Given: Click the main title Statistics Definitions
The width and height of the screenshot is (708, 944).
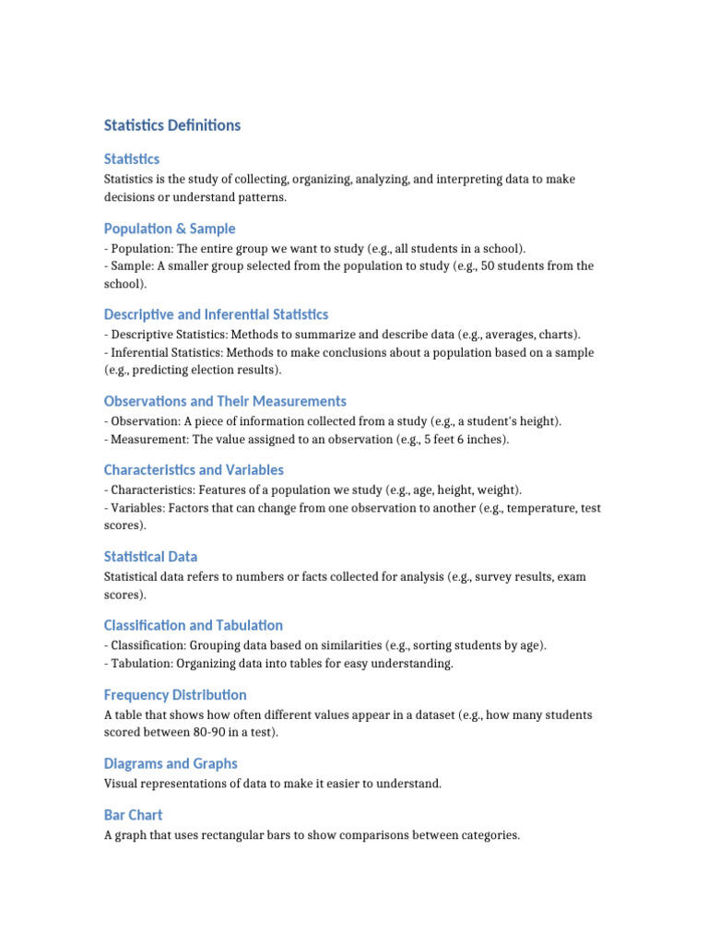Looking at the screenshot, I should [172, 125].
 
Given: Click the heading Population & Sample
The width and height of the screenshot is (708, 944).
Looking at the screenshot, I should [170, 229].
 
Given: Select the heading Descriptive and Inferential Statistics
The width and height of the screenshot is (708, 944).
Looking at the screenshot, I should [216, 314].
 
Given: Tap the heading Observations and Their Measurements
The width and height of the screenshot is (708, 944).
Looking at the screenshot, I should [225, 401].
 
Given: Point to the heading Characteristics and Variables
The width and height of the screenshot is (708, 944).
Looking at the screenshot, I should [194, 470].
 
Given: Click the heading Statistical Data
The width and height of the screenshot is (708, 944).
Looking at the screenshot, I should [150, 557].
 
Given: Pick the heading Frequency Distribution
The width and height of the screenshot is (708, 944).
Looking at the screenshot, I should [175, 694].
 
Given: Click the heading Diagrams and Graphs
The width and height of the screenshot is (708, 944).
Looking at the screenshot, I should [171, 763].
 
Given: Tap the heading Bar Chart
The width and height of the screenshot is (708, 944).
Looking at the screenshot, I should [133, 815].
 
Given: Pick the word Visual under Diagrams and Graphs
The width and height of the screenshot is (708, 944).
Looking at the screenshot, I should [121, 785].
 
